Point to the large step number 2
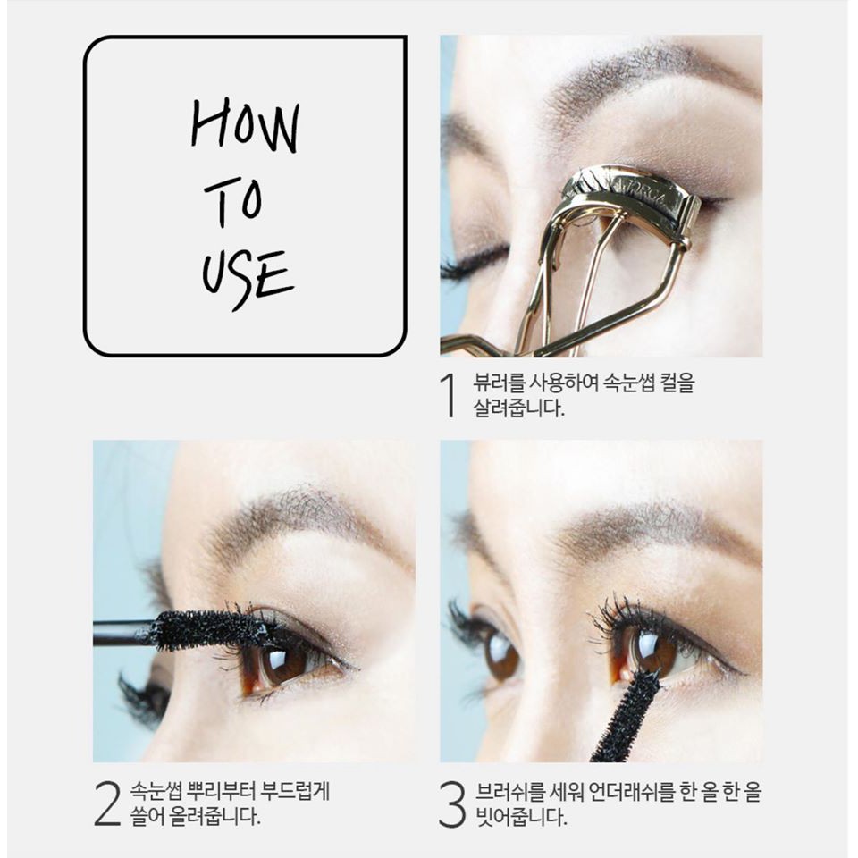(106, 803)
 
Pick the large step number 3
(452, 803)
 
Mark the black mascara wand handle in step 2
(121, 634)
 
